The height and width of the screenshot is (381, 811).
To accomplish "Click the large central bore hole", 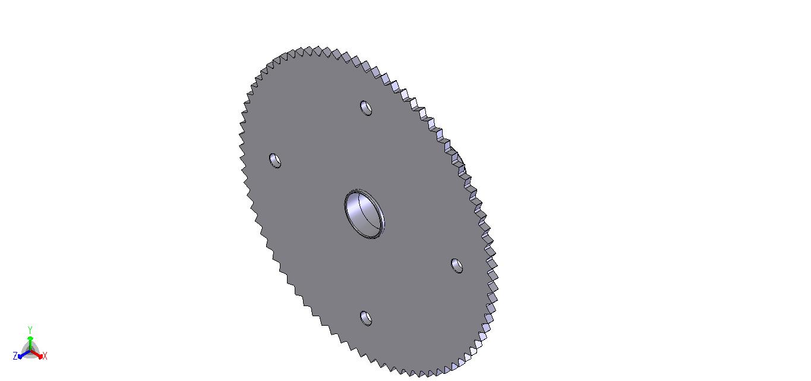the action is pos(364,213).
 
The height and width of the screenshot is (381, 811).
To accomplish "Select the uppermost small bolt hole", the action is pos(366,108).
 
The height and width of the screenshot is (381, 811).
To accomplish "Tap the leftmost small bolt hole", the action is pos(275,160).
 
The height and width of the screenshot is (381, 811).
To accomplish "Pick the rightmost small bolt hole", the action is pos(457,266).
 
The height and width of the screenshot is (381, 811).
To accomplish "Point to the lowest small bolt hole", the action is pos(366,319).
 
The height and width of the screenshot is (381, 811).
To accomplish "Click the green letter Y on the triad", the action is pos(30,330).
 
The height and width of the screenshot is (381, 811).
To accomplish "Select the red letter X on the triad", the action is pos(45,356).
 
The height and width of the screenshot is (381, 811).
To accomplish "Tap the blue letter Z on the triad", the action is pos(15,356).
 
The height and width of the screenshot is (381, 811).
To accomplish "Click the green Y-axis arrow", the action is pos(30,344).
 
